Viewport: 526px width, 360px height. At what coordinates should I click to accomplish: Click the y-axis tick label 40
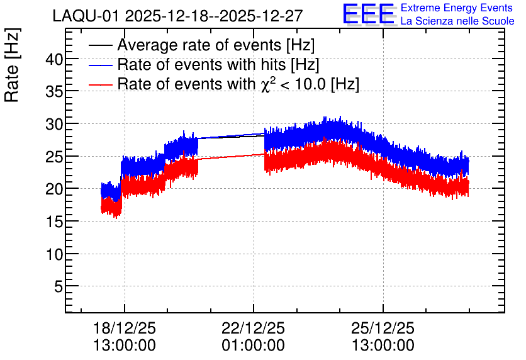tap(54, 60)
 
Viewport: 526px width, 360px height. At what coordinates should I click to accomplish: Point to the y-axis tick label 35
tap(54, 92)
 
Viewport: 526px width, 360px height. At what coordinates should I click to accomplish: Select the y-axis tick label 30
tap(54, 125)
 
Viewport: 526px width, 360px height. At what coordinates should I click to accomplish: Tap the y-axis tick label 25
tap(54, 157)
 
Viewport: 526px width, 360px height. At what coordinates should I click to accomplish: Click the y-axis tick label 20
tap(54, 189)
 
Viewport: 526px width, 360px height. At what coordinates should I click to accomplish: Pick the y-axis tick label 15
tap(54, 222)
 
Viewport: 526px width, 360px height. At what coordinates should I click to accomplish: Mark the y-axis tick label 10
tap(54, 255)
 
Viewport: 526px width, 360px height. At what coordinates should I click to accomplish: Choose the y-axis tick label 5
tap(59, 287)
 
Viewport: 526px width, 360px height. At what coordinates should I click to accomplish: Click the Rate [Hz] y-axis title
tap(12, 65)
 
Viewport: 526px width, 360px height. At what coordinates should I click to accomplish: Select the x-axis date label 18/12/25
tap(125, 328)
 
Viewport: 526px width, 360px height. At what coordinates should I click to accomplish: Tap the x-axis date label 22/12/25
tap(254, 328)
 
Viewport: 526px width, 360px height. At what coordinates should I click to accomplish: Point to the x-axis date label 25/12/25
tap(383, 328)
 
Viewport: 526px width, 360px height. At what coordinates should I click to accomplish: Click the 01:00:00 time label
tap(254, 346)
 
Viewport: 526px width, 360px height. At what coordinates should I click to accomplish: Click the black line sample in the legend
tap(100, 45)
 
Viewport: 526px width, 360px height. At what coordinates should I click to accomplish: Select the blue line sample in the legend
tap(100, 65)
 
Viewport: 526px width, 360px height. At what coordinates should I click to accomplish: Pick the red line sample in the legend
tap(100, 84)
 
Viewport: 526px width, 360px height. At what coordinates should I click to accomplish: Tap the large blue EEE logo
tap(369, 14)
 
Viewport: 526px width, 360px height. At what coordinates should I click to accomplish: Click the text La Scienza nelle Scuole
tap(457, 21)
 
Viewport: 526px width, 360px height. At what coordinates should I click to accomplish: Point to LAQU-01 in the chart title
tap(86, 16)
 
